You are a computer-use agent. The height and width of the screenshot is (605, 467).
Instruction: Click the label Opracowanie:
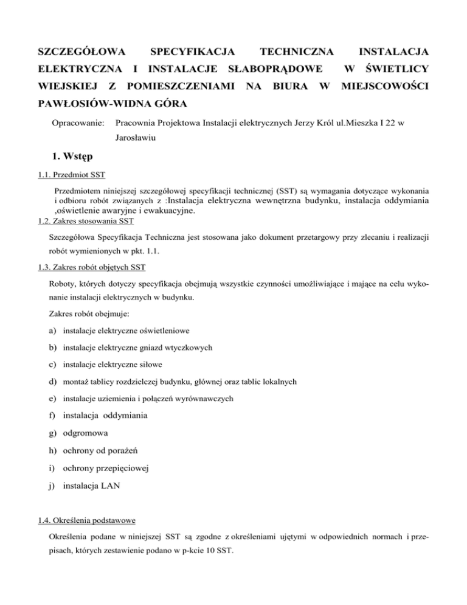tap(75, 123)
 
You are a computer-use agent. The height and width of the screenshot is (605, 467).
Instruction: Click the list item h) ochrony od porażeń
tap(95, 452)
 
